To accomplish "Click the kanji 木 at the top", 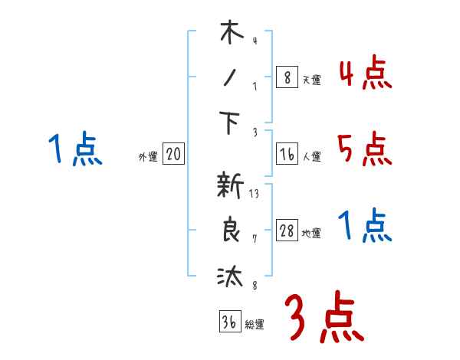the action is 229,35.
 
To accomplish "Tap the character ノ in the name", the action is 229,79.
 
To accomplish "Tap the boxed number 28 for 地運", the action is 287,231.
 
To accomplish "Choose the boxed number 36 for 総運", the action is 229,322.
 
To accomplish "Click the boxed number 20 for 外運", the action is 173,155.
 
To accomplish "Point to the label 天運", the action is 311,80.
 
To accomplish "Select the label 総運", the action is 255,325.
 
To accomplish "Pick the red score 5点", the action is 365,150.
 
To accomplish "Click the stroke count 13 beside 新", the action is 254,194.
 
